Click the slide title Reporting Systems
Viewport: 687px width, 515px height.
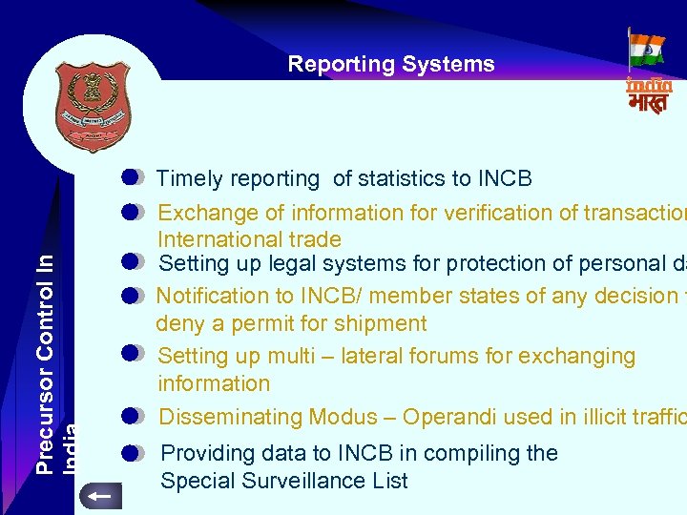coord(391,65)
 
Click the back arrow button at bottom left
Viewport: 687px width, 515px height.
coord(99,495)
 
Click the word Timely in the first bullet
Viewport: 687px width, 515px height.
coord(188,179)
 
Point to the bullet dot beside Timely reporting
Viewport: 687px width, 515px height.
coord(133,176)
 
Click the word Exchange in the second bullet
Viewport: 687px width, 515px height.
coord(198,214)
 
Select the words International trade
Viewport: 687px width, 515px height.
coord(249,239)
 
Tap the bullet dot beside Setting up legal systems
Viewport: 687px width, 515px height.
coord(133,261)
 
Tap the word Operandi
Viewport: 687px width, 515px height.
coord(452,418)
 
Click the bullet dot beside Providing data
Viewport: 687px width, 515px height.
coord(133,453)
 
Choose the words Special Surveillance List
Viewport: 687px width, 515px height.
coord(283,481)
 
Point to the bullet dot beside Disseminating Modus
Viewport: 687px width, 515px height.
coord(133,416)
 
